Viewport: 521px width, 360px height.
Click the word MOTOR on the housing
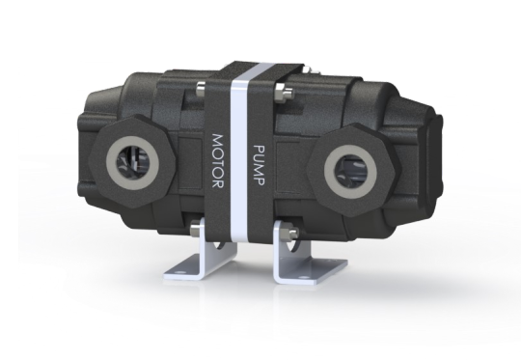pos(218,161)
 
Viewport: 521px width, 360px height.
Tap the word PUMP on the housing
pos(259,165)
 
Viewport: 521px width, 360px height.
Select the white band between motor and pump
pos(240,152)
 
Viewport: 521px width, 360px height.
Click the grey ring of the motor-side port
pos(132,163)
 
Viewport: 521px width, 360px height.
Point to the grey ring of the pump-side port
pos(350,172)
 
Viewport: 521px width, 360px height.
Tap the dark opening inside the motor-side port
pos(132,163)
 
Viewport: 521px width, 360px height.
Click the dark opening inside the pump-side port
pos(350,172)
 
